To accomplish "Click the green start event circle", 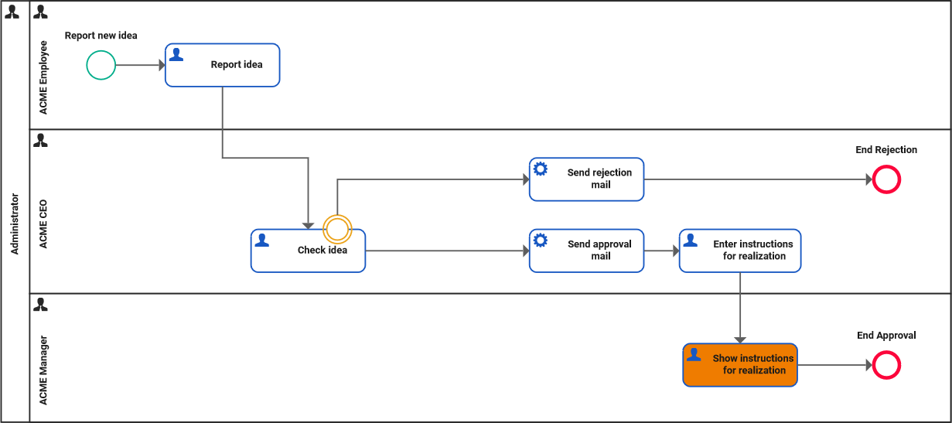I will [101, 65].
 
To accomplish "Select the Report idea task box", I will [222, 65].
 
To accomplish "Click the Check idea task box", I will [308, 251].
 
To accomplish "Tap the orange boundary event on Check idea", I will [337, 228].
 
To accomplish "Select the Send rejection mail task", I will [586, 179].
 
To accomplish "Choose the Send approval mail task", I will [586, 251].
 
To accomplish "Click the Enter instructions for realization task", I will [740, 251].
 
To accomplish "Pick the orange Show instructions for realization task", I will [739, 365].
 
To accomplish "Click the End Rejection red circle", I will [886, 179].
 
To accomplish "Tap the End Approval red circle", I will [886, 365].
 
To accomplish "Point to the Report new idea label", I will [101, 36].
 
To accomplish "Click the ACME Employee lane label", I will [43, 77].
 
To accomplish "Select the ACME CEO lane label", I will [43, 224].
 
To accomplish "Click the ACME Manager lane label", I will [43, 370].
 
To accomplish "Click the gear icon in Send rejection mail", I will [541, 169].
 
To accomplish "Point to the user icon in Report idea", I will [176, 54].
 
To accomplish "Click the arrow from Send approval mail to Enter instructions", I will [661, 251].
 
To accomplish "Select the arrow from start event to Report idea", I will [140, 65].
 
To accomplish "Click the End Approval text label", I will [886, 336].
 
